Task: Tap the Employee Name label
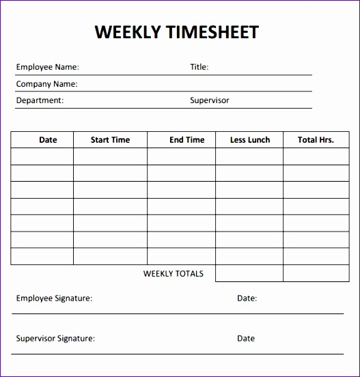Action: pos(47,67)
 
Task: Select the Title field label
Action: pos(199,67)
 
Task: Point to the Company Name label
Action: pos(46,84)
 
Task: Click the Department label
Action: pos(40,100)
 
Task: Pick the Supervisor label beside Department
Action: pos(209,100)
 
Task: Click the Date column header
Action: pos(48,140)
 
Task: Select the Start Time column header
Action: pos(110,140)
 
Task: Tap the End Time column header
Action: pos(186,140)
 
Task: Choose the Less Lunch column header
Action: pos(249,140)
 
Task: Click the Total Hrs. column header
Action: pos(316,140)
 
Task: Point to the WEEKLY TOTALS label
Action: pos(173,274)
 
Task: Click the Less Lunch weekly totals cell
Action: pos(249,273)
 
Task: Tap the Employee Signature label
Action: pos(54,298)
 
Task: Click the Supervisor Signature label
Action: pos(55,338)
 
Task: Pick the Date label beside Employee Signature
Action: pos(247,298)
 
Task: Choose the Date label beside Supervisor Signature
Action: pos(245,338)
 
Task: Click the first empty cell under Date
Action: pos(42,156)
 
